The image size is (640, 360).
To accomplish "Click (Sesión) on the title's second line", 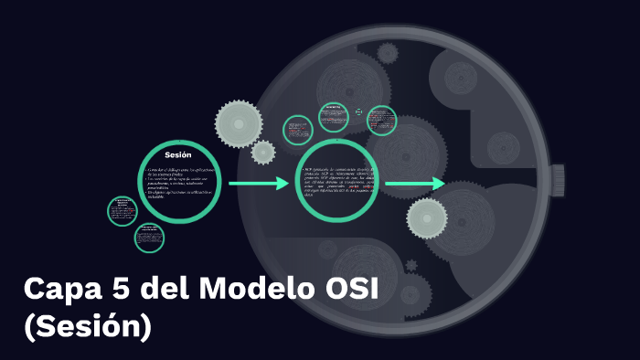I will [88, 326].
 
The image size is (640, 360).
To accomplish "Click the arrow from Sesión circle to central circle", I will [258, 185].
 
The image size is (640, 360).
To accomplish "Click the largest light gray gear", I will [238, 122].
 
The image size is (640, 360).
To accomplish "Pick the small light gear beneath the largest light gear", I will [263, 152].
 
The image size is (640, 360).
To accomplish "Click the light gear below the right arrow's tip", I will [427, 219].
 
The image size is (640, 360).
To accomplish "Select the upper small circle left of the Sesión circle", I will [123, 212].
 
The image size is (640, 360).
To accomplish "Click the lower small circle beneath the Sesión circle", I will [149, 238].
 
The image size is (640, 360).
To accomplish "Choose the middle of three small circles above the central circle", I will [334, 117].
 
